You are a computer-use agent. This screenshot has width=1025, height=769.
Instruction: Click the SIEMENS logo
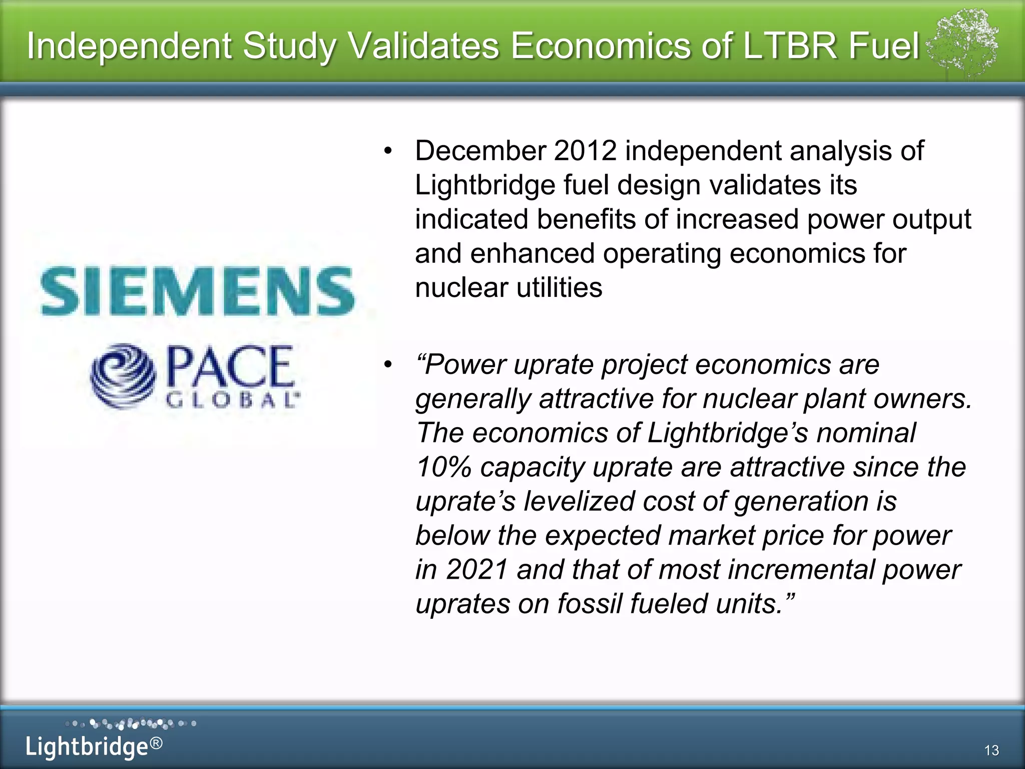pos(198,291)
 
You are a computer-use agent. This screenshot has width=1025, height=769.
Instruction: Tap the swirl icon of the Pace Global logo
pos(123,376)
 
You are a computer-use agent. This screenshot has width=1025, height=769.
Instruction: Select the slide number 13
pos(991,750)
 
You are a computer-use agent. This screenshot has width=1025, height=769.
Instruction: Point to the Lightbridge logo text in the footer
pos(87,746)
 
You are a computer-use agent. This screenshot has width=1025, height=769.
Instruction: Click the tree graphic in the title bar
pos(961,44)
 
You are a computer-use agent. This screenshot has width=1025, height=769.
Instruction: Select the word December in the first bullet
pos(480,151)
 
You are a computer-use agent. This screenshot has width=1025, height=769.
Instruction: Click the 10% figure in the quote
pos(443,467)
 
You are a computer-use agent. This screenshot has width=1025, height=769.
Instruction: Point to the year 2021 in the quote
pos(477,570)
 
